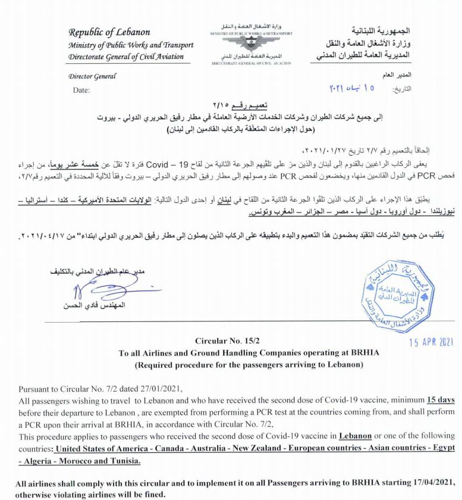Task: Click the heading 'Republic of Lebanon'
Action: [109, 32]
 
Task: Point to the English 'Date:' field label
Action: [81, 90]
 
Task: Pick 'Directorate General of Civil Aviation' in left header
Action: [126, 57]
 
